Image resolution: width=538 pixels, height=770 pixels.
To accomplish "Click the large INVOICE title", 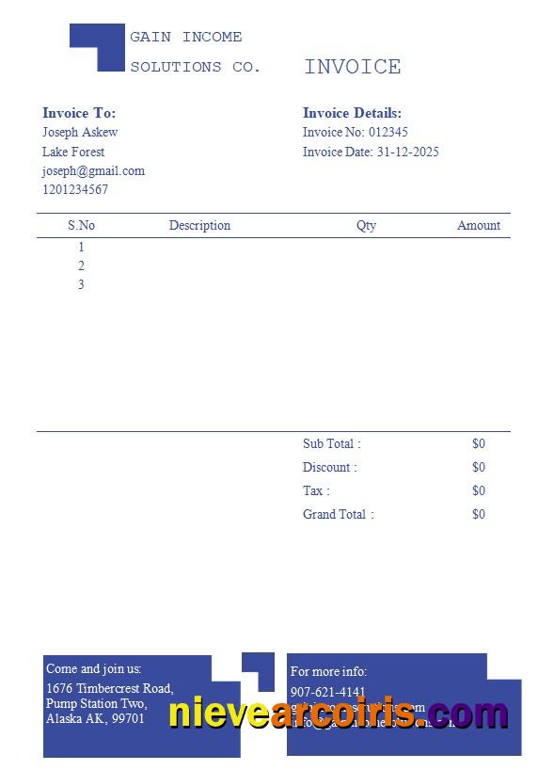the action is coord(353,67).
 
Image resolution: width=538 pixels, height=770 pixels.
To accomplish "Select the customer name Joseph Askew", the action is coord(80,133).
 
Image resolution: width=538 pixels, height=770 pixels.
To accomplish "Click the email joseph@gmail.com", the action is coord(93,171).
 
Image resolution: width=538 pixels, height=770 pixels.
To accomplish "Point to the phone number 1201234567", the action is coord(75,190).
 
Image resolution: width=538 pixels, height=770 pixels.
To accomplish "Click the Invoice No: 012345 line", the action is coord(356,133).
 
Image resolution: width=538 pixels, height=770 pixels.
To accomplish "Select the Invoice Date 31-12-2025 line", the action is coord(371,152).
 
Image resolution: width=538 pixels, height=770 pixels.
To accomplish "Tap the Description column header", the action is coord(199,226).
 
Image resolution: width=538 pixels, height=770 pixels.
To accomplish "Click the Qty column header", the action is coord(366,226).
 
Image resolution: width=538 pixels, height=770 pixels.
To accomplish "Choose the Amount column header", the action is coord(479,226).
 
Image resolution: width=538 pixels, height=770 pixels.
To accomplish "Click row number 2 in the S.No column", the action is coord(81,266).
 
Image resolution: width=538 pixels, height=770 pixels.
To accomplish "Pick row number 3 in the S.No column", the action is coord(81,285).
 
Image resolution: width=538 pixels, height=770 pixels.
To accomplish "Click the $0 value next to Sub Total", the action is coord(479,444).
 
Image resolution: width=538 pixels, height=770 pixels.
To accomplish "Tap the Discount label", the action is coord(329,468).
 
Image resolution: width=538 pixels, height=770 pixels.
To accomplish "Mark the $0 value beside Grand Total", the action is coord(479,515).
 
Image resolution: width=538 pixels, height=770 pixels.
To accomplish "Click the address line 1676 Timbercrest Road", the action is coord(110,689).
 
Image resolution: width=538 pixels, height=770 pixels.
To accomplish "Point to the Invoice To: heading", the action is coord(79,114).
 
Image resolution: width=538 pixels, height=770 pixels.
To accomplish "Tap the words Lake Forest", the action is coord(73,152).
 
